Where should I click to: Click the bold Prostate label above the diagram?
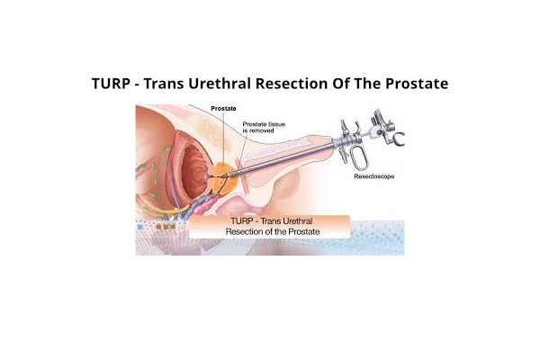coord(223,109)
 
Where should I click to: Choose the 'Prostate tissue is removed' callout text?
coord(264,128)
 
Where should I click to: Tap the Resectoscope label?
coord(374,176)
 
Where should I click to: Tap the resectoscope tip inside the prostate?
coord(224,176)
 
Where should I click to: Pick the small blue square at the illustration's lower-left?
coord(139,227)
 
